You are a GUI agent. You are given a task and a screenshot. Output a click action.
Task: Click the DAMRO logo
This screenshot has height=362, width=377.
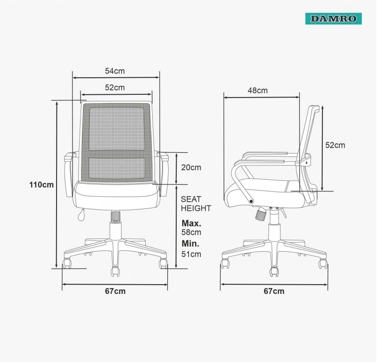(x=334, y=18)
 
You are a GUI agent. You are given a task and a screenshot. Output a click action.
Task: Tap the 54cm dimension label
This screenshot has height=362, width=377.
(x=115, y=71)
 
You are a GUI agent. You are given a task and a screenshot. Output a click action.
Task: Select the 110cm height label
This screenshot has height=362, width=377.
(x=41, y=185)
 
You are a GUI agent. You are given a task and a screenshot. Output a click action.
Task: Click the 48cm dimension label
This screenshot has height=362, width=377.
(x=257, y=90)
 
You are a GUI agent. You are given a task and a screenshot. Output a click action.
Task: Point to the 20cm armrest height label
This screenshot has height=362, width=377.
(x=191, y=167)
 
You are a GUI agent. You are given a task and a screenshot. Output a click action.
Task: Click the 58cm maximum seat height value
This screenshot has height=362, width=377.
(x=191, y=232)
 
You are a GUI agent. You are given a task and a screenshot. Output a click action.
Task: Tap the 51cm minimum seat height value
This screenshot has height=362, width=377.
(x=191, y=254)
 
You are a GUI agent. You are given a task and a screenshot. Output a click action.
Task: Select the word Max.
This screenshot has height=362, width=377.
(x=191, y=223)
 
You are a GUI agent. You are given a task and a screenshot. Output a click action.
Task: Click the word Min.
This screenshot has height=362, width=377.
(x=190, y=244)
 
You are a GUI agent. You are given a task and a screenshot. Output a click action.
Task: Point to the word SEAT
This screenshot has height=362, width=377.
(x=191, y=199)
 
